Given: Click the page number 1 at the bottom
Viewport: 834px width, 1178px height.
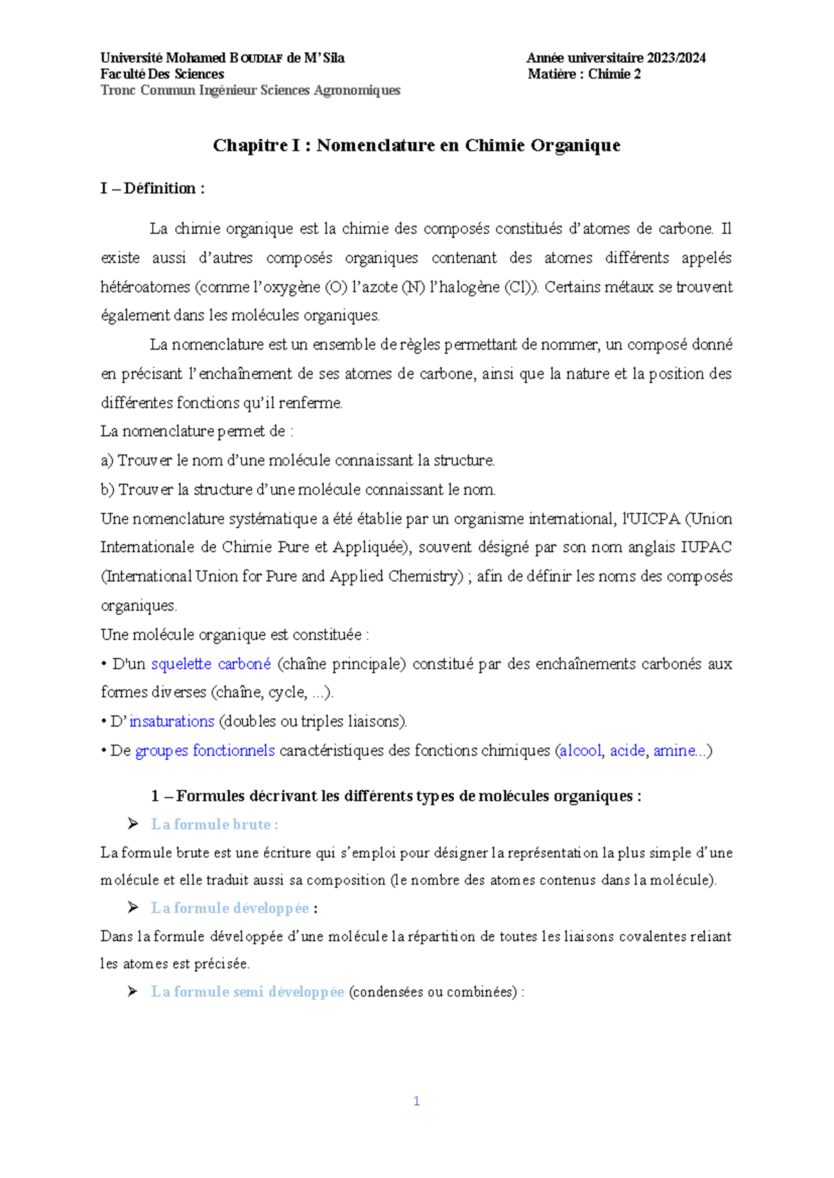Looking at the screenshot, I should (416, 1101).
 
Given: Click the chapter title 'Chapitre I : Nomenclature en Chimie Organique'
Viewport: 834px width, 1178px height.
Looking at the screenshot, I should (416, 145).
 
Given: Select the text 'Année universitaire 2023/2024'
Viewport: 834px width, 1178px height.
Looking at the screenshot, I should (616, 58).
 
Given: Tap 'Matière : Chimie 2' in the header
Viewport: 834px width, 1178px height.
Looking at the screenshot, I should (584, 74).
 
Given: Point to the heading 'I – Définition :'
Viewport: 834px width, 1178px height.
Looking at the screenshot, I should (152, 188).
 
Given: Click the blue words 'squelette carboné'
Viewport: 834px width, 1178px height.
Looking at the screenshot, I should (211, 663).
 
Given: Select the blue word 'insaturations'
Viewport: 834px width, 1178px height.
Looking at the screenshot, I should (172, 721).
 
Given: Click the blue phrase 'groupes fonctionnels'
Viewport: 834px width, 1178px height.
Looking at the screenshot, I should (205, 750).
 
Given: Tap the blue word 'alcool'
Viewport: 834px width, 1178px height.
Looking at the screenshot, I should (580, 750).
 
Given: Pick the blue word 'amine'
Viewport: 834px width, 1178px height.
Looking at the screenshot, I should (673, 750).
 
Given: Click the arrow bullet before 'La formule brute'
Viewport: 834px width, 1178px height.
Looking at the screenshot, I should (133, 824).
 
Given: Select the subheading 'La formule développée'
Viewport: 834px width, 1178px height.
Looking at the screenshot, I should (229, 908).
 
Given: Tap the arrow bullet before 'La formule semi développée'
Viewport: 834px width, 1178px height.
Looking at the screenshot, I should (133, 991).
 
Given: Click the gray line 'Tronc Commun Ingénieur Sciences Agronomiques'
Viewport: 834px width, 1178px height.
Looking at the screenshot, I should (250, 90).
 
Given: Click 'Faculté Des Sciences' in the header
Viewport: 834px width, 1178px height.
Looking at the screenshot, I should (162, 74).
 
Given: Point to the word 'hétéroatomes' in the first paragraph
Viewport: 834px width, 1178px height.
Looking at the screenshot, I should (145, 287).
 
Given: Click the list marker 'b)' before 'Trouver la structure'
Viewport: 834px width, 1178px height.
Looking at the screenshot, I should (107, 490).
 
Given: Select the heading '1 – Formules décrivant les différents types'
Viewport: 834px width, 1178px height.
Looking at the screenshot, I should (395, 796).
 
